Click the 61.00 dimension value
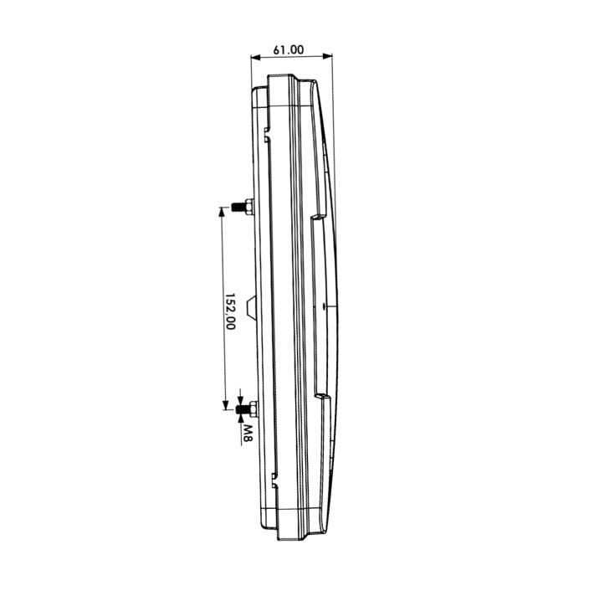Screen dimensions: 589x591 click(288, 49)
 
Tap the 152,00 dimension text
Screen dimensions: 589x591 click(230, 311)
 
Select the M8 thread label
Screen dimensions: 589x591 click(248, 434)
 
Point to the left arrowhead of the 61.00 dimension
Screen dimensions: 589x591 click(256, 57)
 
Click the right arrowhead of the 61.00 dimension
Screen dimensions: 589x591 click(328, 57)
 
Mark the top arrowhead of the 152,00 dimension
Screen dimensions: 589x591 click(223, 212)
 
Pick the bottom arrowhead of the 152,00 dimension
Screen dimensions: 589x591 click(225, 405)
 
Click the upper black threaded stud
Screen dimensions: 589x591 click(237, 207)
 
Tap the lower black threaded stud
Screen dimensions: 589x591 click(242, 409)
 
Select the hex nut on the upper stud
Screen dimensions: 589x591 click(249, 207)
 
